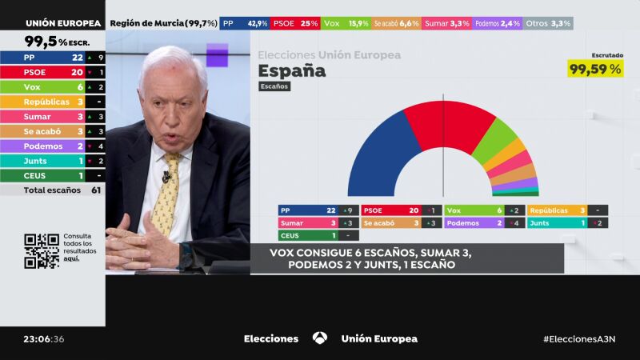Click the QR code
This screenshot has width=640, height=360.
click(x=42, y=250)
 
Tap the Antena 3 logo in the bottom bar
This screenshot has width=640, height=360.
click(x=320, y=338)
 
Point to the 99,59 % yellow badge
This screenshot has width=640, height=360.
click(x=595, y=70)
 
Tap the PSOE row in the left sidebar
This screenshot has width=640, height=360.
click(x=52, y=72)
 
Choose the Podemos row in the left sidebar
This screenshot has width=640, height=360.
click(x=52, y=146)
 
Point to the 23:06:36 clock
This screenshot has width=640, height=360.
click(x=44, y=338)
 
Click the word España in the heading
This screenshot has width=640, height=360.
click(x=292, y=70)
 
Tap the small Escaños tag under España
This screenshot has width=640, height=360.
click(x=274, y=86)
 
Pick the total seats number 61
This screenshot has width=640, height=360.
click(x=96, y=190)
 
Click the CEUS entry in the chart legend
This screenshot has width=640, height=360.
click(x=318, y=236)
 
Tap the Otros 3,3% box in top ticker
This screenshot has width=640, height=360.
click(x=550, y=23)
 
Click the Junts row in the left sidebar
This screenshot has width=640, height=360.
click(x=52, y=161)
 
